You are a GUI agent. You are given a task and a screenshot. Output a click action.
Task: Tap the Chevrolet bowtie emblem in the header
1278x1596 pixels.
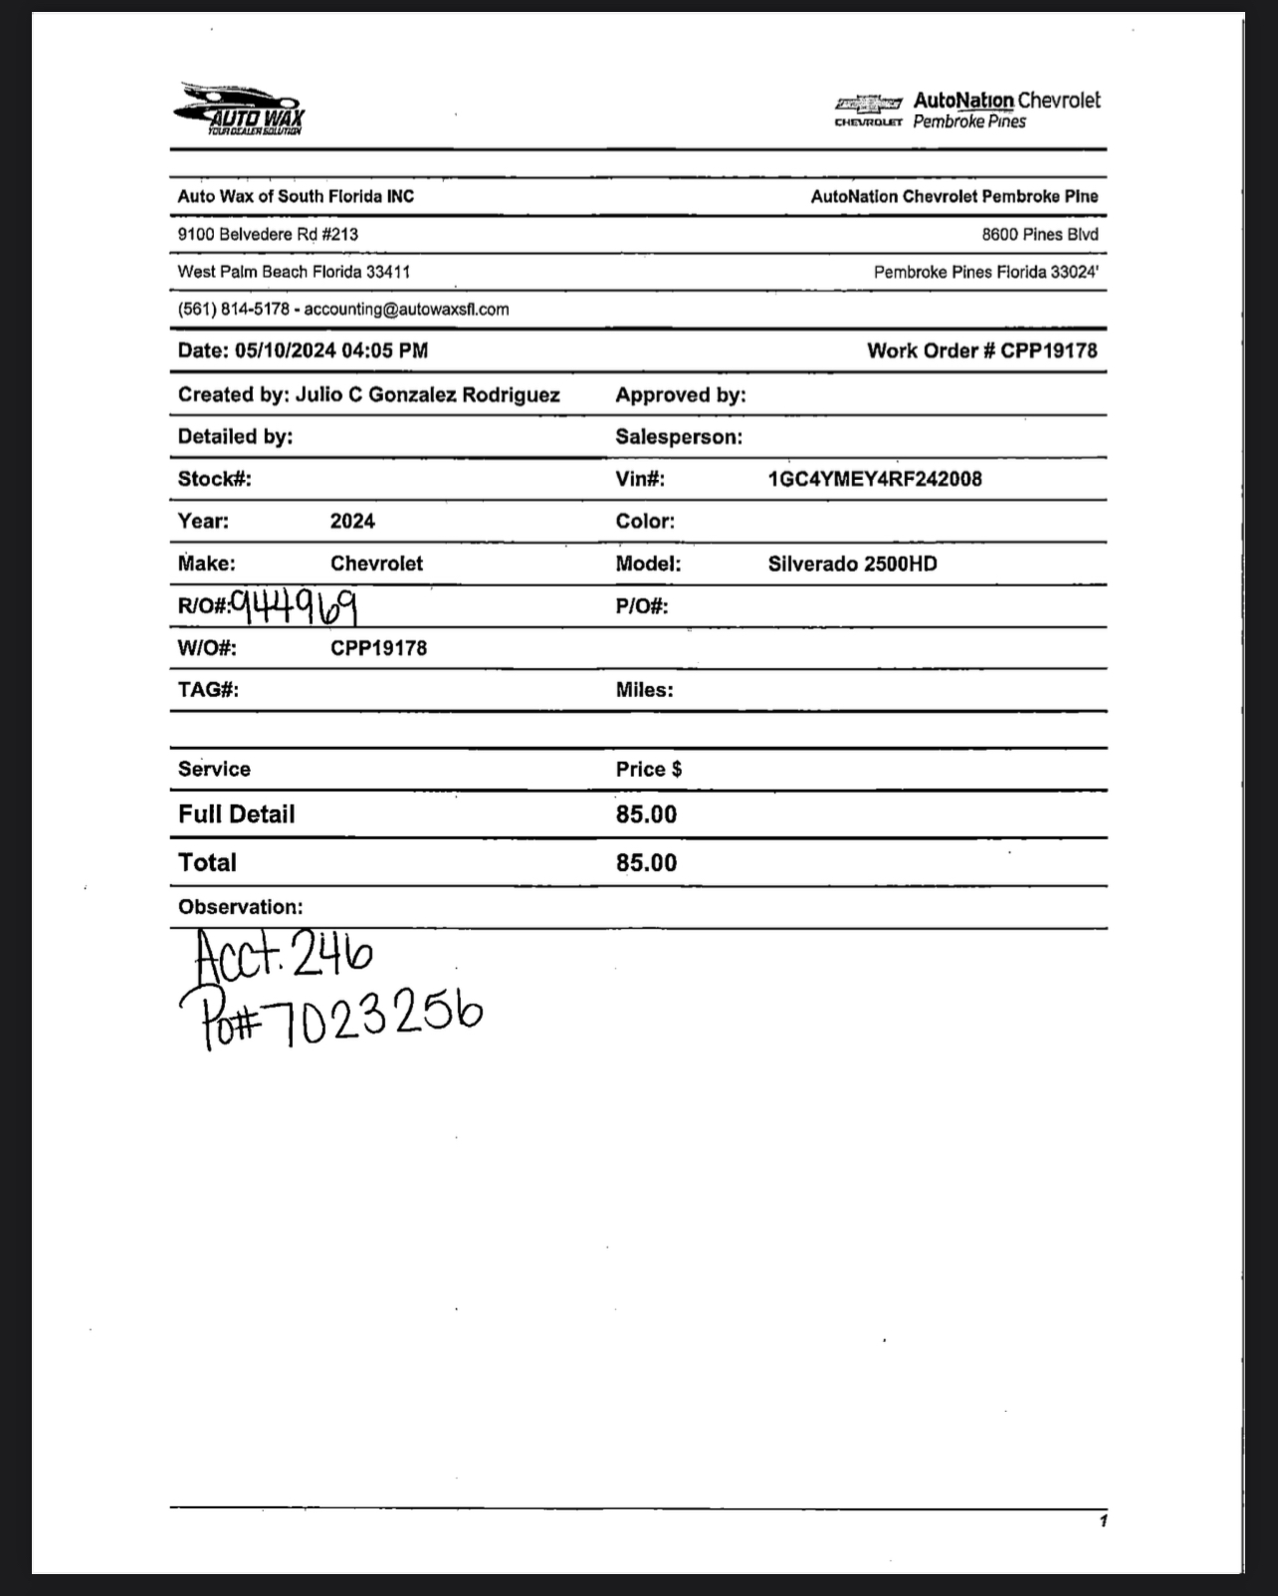[868, 104]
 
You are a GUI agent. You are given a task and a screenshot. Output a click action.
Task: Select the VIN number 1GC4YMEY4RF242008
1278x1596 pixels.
[874, 479]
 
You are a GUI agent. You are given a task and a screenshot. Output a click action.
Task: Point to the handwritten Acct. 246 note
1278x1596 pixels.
[284, 955]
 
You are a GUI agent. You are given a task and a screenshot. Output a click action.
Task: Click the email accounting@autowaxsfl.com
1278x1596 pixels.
[406, 310]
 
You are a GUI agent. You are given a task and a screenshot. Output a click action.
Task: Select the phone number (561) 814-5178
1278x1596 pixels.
[233, 310]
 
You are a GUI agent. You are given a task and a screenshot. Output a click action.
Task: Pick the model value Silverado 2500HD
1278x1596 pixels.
[852, 564]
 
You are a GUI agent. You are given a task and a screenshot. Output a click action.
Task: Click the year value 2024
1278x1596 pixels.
[352, 521]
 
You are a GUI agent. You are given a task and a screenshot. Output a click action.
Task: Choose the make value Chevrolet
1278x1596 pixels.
[376, 564]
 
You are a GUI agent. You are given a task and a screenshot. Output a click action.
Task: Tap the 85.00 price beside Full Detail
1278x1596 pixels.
[646, 814]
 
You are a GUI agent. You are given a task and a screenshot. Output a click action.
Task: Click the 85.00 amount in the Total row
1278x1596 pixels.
[646, 862]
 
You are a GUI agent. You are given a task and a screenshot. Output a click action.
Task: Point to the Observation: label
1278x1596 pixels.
[240, 907]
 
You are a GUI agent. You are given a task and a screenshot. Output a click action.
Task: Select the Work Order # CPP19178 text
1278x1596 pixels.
[981, 350]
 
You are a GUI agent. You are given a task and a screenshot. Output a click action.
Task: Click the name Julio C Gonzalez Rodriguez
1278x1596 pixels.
[427, 394]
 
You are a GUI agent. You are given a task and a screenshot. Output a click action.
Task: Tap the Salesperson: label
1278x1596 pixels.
[679, 437]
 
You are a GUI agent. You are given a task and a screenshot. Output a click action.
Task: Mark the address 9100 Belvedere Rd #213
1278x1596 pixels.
[268, 234]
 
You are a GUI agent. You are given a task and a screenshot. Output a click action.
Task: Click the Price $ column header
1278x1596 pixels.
[648, 769]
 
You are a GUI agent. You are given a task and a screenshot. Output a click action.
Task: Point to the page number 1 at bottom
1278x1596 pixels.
[1103, 1520]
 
